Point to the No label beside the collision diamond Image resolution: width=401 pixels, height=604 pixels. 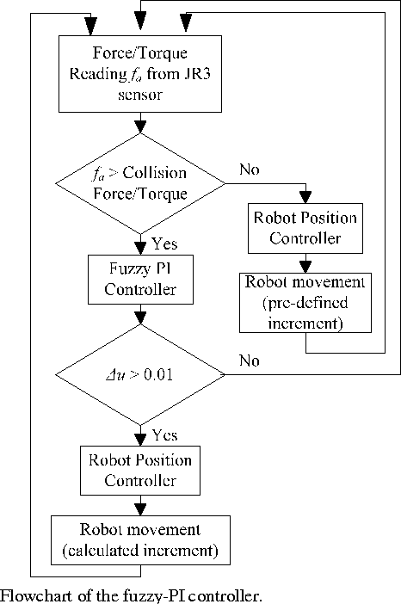(250, 169)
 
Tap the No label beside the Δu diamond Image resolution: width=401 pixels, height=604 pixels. (250, 362)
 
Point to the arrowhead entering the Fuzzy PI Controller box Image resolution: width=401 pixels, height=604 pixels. (139, 249)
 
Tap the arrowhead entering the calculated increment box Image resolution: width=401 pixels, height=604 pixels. (139, 510)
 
